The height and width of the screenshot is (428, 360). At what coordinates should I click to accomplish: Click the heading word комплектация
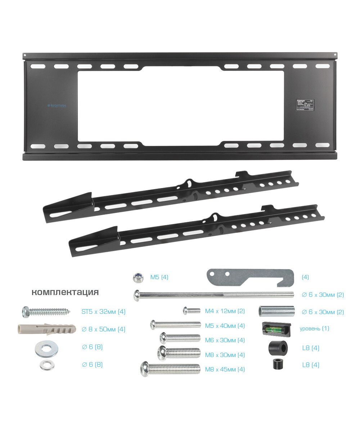65,292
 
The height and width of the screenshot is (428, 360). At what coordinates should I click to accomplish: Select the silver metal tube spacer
276,311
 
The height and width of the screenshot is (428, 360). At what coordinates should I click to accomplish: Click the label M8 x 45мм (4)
225,369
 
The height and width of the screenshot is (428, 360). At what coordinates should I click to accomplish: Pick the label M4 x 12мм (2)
225,311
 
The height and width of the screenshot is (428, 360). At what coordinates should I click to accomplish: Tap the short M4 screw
192,310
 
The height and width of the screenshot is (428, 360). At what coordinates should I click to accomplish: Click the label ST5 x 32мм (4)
103,312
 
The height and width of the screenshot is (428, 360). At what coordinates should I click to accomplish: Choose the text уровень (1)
314,329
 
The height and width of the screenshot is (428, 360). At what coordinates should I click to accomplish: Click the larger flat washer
46,349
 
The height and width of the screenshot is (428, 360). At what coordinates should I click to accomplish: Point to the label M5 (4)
159,277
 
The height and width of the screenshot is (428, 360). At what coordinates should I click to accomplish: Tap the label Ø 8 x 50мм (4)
103,329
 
